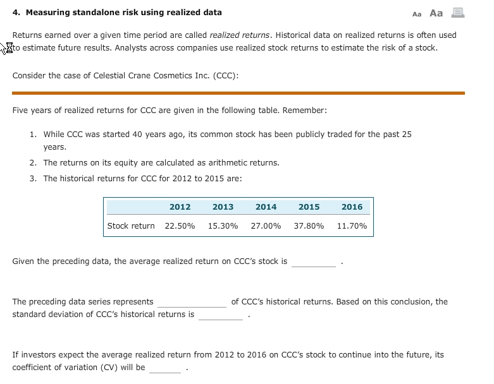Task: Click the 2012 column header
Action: click(x=180, y=207)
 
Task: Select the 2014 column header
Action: click(x=266, y=207)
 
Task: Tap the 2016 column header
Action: click(x=352, y=207)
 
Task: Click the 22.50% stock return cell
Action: click(x=180, y=225)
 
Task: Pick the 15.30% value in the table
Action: click(x=223, y=225)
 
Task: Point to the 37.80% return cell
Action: click(x=309, y=225)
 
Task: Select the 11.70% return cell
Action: click(x=352, y=225)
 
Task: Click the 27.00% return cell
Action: click(x=266, y=225)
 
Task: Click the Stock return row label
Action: click(x=131, y=225)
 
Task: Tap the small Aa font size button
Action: click(x=416, y=14)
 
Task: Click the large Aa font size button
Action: click(x=436, y=13)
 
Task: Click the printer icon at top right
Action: click(x=457, y=13)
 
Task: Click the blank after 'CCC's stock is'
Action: click(x=314, y=262)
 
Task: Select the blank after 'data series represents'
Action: click(x=192, y=303)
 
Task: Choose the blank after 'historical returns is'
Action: click(x=220, y=315)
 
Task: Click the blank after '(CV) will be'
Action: click(x=165, y=368)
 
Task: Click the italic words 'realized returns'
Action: click(x=240, y=35)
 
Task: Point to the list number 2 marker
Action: click(x=33, y=163)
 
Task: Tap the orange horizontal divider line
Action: click(x=238, y=93)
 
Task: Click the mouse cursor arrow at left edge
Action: click(x=7, y=48)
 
